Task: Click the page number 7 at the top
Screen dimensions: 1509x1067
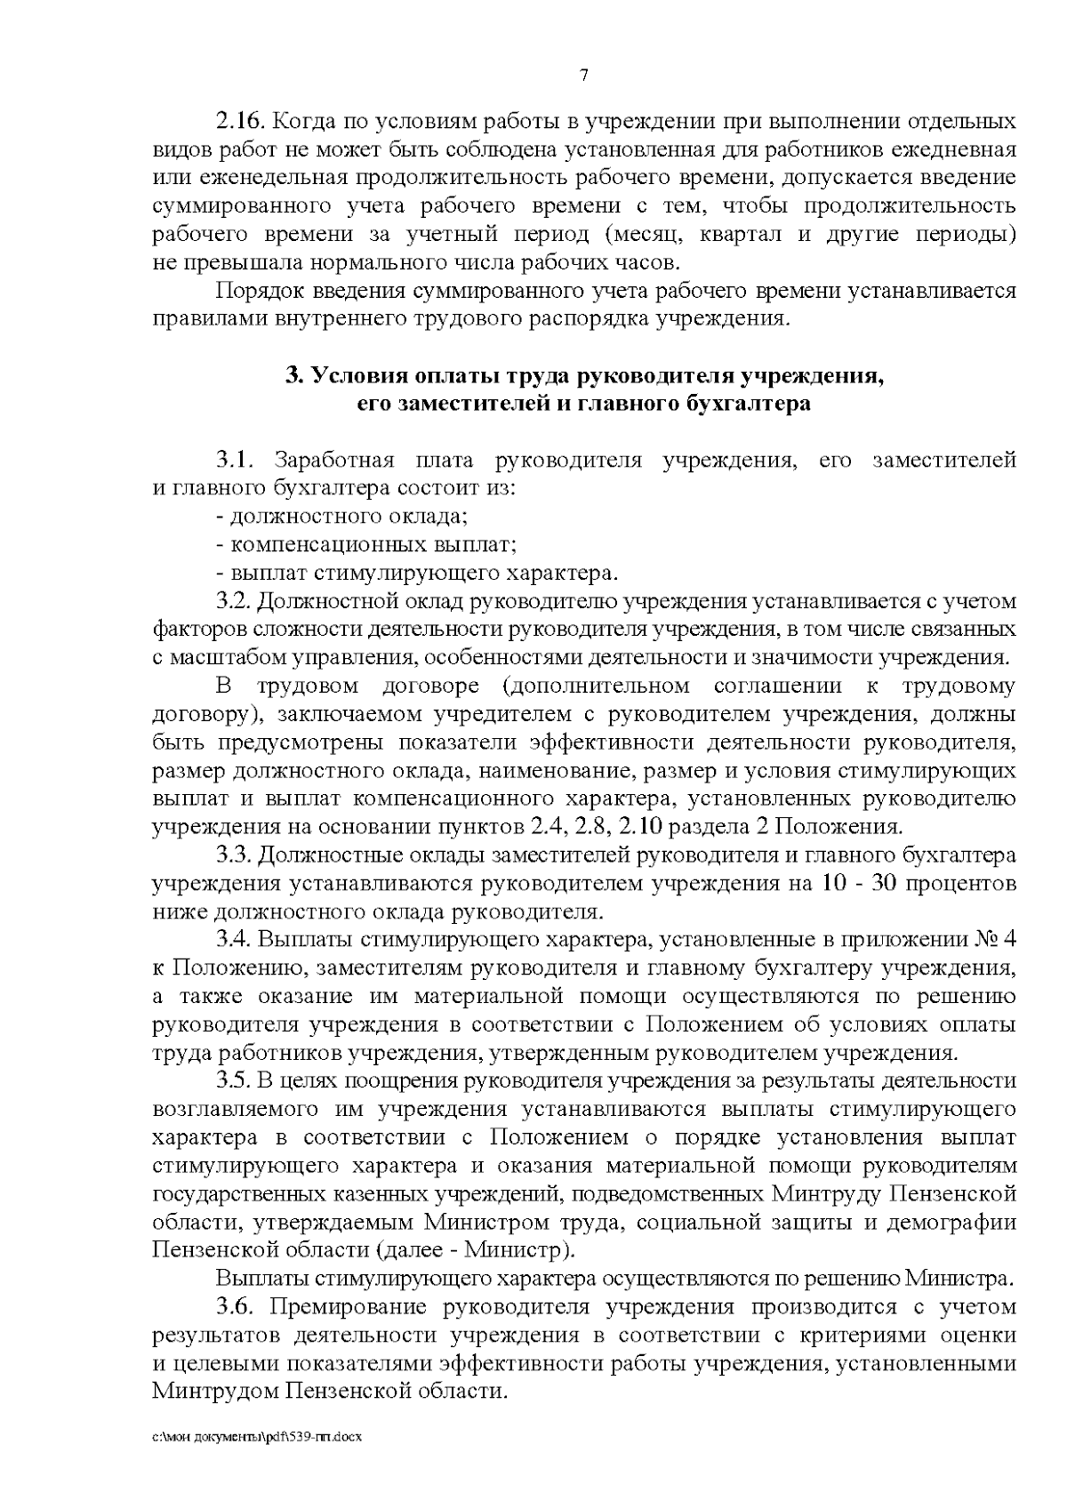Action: coord(584,76)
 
